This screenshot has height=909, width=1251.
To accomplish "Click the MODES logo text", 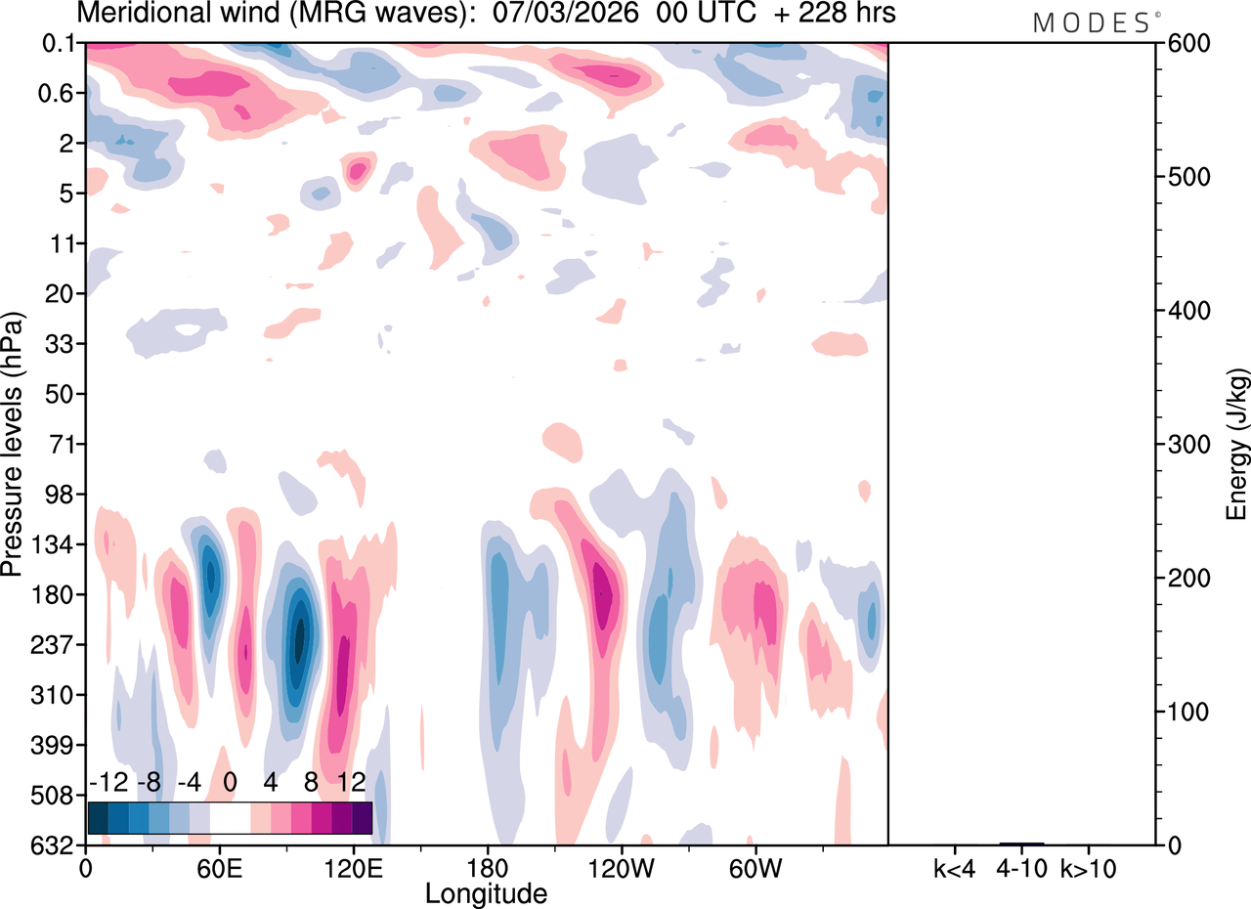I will pyautogui.click(x=1092, y=23).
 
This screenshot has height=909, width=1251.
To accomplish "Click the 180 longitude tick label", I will pyautogui.click(x=487, y=867).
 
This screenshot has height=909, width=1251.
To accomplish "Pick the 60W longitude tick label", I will pyautogui.click(x=754, y=867).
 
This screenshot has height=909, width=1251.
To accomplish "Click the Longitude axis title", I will pyautogui.click(x=486, y=892).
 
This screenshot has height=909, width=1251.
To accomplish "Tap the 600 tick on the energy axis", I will pyautogui.click(x=1184, y=44).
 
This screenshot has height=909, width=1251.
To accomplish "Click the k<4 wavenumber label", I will pyautogui.click(x=954, y=867).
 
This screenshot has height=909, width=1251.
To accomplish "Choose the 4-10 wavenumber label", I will pyautogui.click(x=1021, y=867).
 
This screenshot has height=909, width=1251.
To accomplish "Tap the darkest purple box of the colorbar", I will pyautogui.click(x=362, y=818).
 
